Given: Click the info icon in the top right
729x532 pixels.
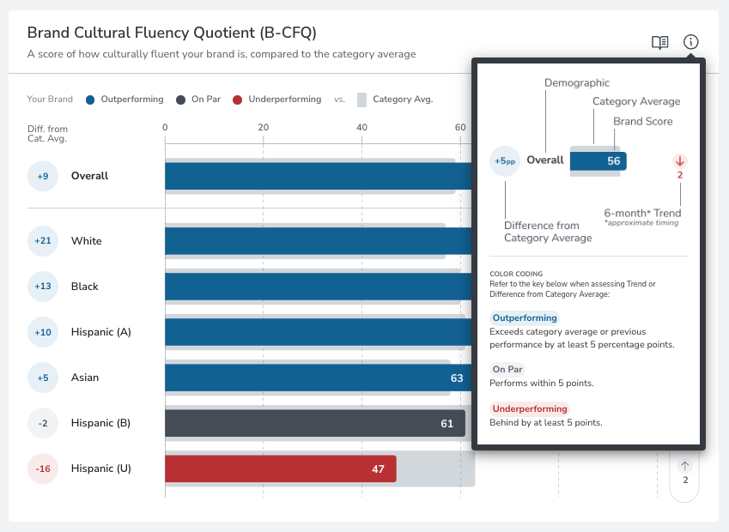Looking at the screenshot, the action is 690,42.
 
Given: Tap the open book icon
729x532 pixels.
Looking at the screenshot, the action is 659,43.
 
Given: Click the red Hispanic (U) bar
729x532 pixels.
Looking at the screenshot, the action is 280,469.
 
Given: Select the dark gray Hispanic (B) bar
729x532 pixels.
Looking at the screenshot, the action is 315,423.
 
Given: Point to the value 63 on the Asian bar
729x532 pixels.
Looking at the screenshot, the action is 457,378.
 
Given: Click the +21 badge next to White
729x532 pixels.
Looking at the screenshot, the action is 43,240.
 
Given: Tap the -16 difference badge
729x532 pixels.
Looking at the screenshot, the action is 43,469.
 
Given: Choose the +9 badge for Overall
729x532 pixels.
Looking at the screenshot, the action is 43,176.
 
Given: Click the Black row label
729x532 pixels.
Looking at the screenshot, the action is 85,287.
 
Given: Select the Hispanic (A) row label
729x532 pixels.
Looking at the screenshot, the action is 100,332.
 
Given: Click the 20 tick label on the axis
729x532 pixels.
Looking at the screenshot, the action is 263,127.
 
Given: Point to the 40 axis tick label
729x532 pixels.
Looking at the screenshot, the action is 361,127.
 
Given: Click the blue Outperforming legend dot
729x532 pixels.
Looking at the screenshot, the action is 90,100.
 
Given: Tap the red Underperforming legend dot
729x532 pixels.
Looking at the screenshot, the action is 237,100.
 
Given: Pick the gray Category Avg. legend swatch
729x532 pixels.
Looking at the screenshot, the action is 361,100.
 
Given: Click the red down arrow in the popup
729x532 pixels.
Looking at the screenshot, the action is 680,161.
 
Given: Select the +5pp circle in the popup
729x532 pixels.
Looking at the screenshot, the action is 505,161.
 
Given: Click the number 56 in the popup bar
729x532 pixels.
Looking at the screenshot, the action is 614,160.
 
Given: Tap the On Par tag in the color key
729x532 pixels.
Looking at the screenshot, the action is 507,369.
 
